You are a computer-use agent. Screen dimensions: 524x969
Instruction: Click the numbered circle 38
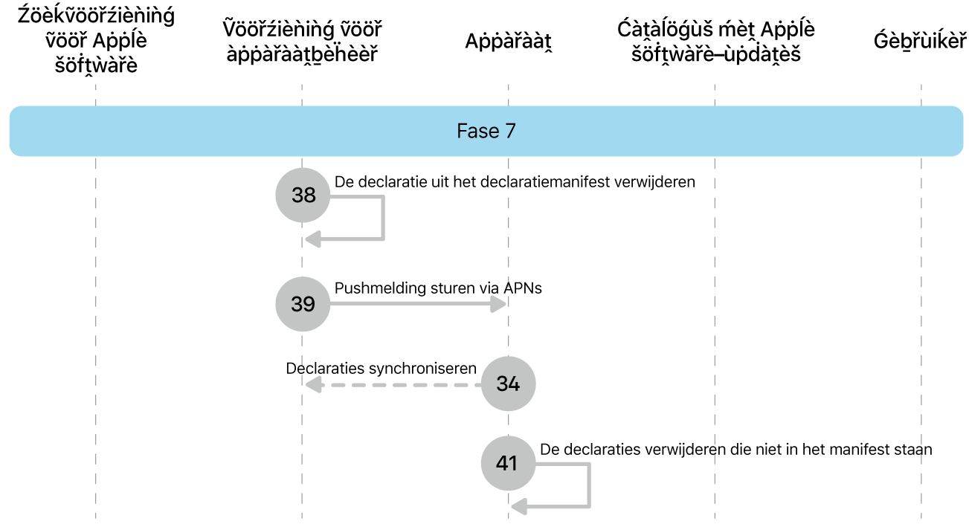tap(303, 195)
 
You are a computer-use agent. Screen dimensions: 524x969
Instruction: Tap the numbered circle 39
tap(303, 304)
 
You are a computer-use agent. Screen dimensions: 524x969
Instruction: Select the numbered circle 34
tap(508, 384)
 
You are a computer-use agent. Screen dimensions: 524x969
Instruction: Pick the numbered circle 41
tap(508, 463)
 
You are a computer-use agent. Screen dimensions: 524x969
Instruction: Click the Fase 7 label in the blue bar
tap(486, 132)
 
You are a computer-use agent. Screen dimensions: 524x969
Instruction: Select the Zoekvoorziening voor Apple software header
tap(95, 40)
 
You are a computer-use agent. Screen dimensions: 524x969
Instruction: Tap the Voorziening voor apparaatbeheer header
tap(302, 42)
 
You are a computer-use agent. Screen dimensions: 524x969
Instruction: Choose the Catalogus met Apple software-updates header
tap(715, 42)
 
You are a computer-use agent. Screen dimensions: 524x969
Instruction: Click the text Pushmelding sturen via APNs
tap(438, 288)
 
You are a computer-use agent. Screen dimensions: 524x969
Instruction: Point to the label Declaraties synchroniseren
tap(381, 368)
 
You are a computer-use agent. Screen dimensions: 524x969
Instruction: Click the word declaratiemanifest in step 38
tap(547, 182)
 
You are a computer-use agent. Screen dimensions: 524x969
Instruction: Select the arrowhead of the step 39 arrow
tap(500, 304)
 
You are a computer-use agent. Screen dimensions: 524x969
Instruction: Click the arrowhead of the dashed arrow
tap(312, 384)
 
